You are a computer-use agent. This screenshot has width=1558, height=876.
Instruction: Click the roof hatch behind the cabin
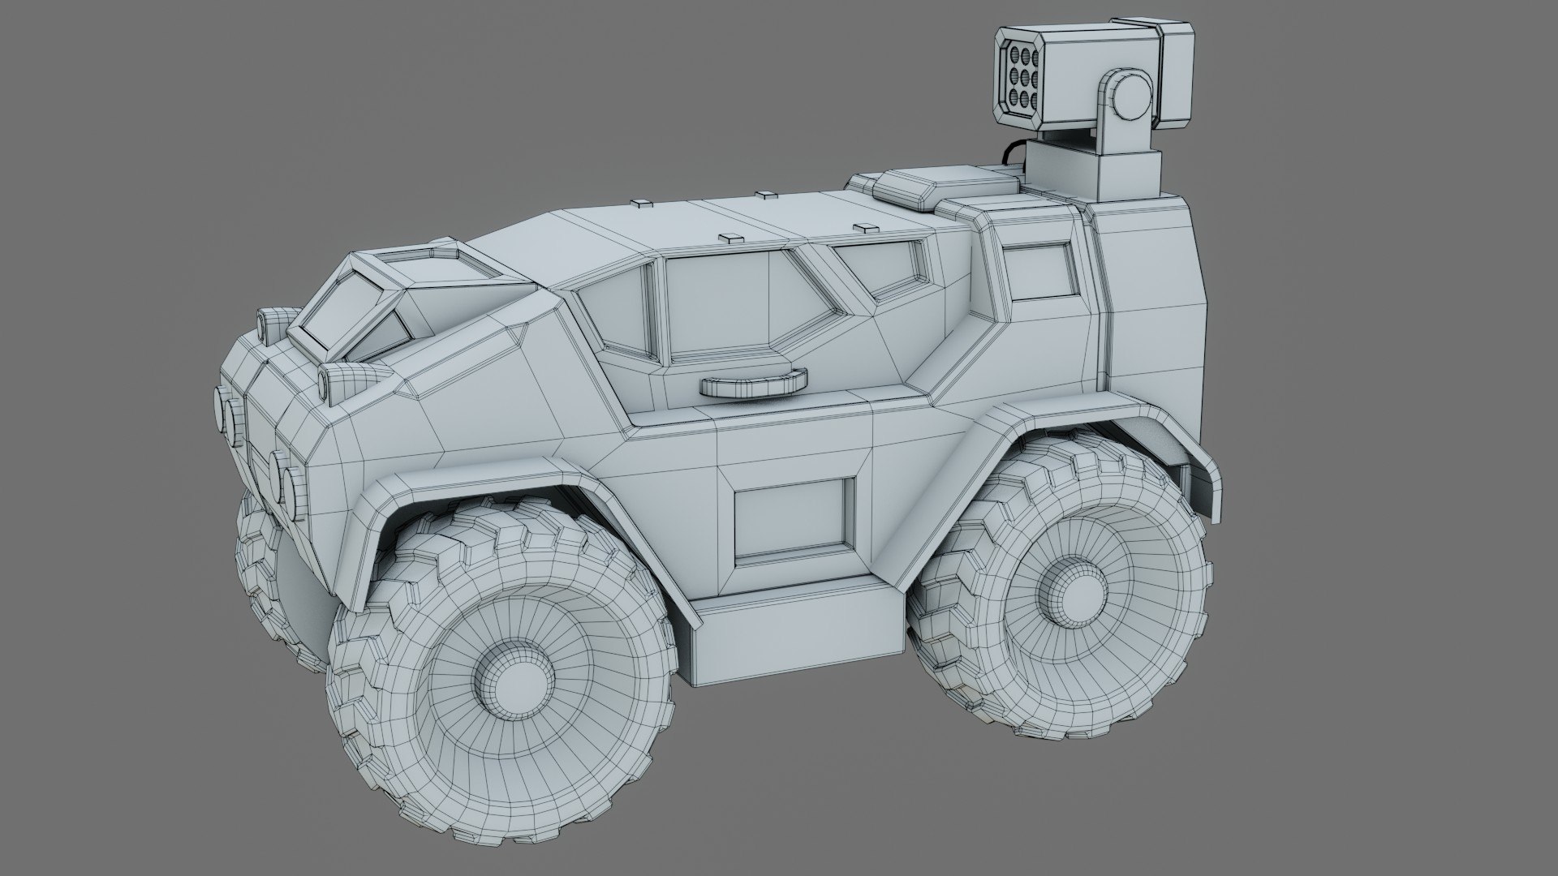941,186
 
